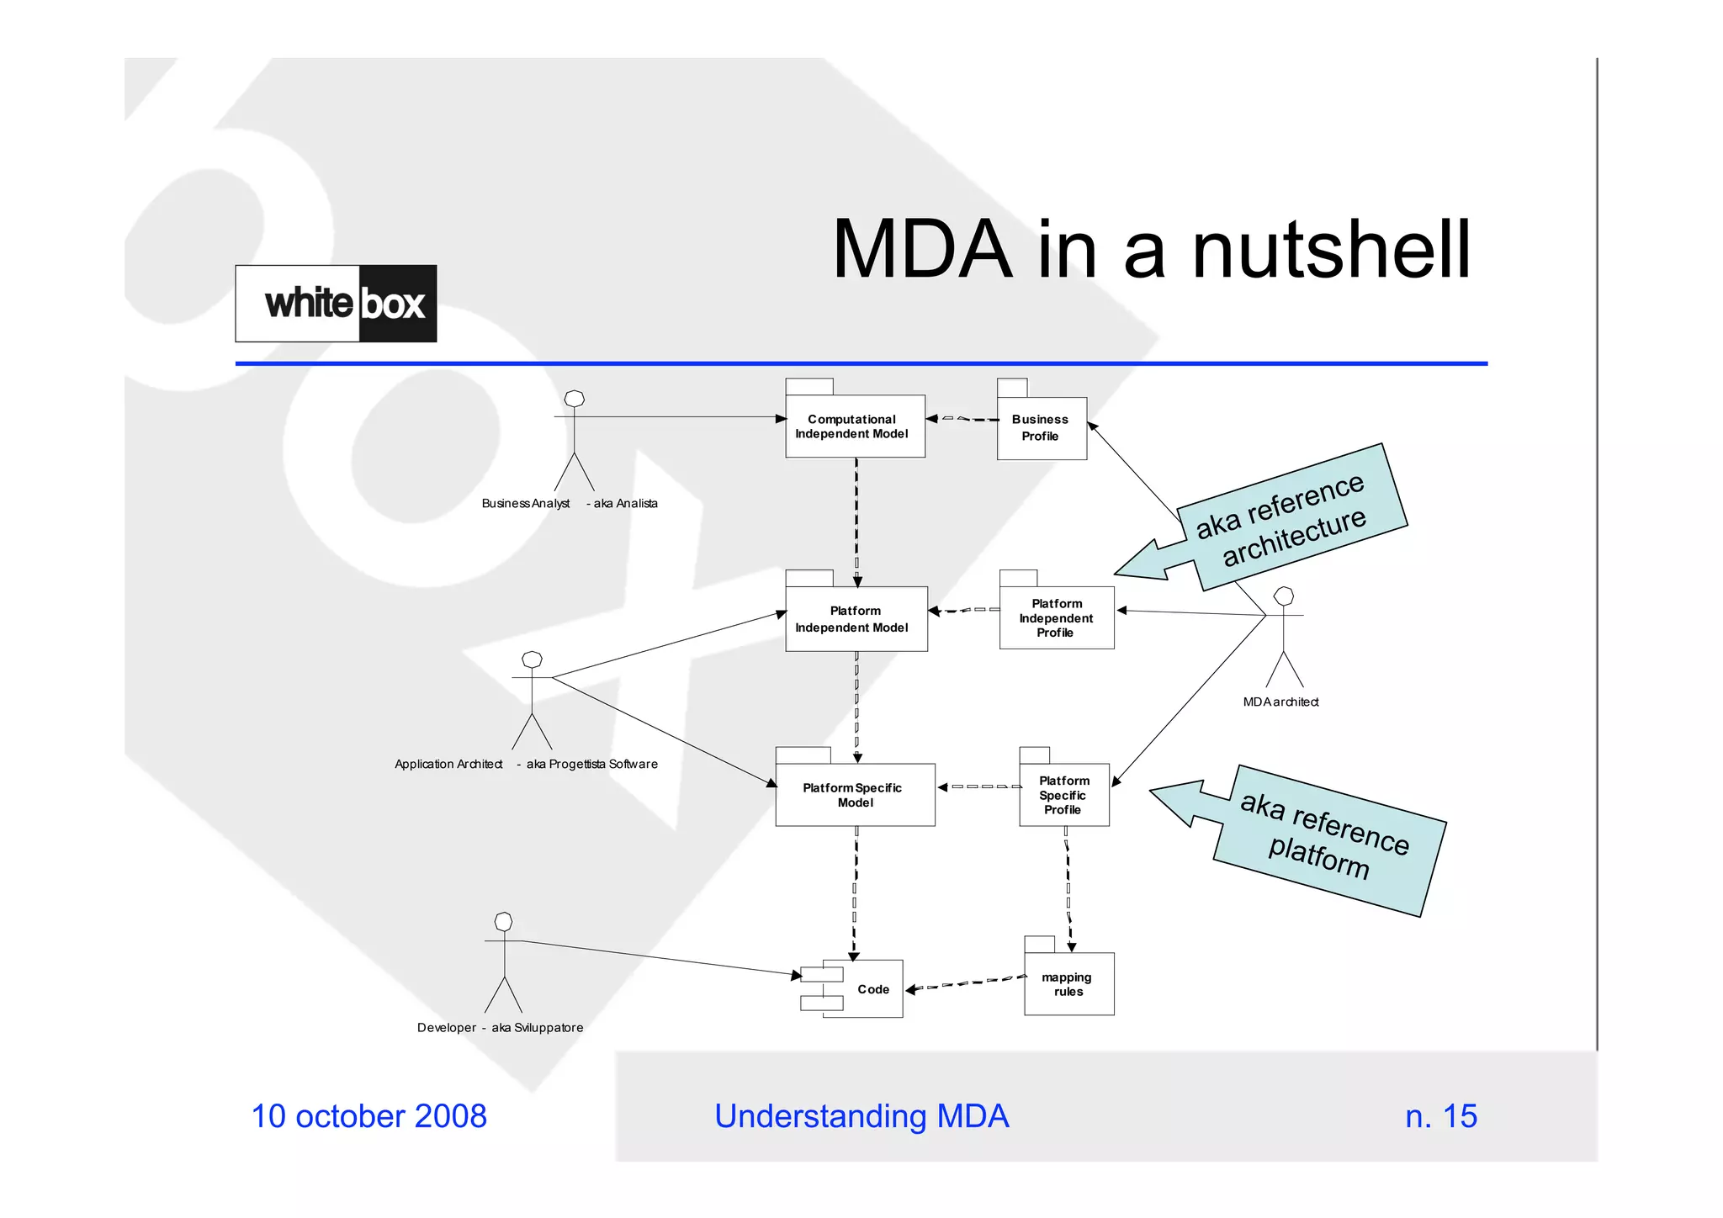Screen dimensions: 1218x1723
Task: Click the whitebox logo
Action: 336,304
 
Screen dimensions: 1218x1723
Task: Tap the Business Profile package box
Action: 1042,428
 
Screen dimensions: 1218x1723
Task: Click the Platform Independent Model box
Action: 856,619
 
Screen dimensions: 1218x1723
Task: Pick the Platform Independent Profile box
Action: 1057,618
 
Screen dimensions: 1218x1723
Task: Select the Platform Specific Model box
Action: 855,795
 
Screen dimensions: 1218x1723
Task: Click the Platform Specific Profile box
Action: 1064,795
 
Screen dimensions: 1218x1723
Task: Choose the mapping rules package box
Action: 1068,984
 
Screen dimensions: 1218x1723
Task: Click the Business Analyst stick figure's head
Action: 575,399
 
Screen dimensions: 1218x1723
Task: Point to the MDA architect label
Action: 1280,702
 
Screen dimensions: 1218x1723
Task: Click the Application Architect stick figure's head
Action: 533,659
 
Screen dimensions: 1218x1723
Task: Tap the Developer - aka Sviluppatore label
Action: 500,1028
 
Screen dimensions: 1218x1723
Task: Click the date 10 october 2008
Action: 369,1116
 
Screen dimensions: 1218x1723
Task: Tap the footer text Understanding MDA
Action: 861,1116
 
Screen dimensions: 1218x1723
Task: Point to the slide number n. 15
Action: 1440,1116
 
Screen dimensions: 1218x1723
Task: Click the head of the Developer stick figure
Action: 504,921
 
